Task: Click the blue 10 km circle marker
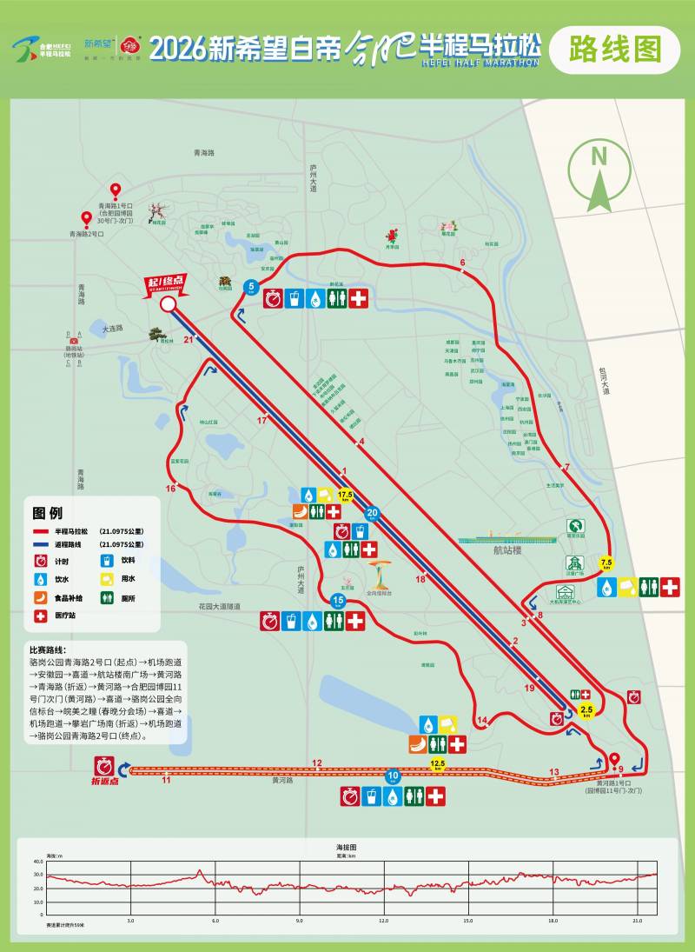coord(393,776)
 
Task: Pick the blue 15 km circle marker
coord(339,601)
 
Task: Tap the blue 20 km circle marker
coord(373,513)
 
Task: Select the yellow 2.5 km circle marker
coord(586,710)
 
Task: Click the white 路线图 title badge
coord(614,50)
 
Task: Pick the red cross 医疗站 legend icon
coord(40,616)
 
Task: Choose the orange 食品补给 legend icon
coord(40,597)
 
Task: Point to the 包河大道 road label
coord(604,380)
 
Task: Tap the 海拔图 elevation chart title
coord(347,846)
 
